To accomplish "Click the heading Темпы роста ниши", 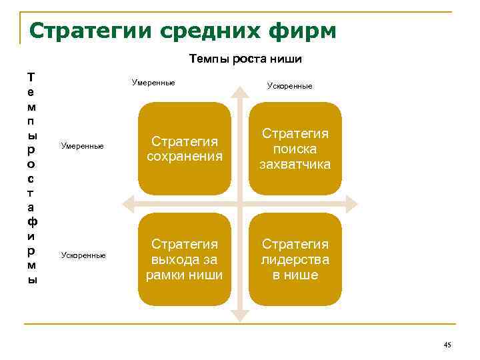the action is coord(245,59).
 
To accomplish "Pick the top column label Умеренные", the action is coord(153,83).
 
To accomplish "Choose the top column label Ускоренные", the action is coord(289,86).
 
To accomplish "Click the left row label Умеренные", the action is coord(82,145).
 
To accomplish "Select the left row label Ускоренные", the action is coord(83,255).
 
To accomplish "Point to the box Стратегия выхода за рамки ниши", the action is coord(184,259).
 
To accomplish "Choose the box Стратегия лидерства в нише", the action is coord(295,259).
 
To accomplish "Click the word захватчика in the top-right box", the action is coord(295,164).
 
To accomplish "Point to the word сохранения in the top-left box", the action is coord(184,156).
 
